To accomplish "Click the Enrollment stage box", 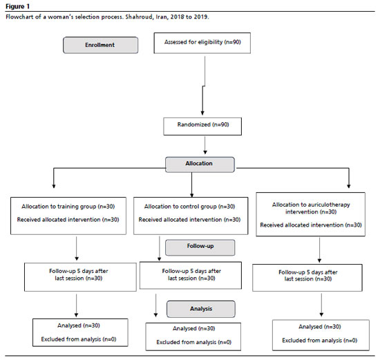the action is [101, 45].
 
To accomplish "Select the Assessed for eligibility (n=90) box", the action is [202, 43].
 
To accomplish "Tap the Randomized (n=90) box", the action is [202, 126].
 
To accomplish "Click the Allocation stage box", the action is [200, 164].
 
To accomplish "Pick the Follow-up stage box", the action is [200, 247].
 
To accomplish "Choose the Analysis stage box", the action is [201, 309].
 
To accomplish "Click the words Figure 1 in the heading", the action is [17, 6].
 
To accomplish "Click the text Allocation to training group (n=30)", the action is [68, 207].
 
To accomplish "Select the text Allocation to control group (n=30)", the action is [189, 207].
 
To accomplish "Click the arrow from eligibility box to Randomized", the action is [204, 86].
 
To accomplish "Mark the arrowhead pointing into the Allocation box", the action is [205, 152].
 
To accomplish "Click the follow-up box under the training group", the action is [80, 277].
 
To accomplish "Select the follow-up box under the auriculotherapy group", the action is [307, 278].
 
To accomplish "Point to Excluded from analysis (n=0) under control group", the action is [193, 342].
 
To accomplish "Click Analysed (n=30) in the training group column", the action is [79, 325].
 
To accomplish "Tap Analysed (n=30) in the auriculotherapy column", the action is [320, 327].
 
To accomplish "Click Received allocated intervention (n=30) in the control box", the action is [189, 220].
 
